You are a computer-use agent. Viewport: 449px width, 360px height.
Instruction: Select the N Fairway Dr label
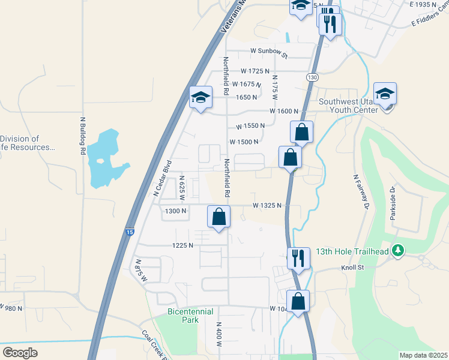[360, 191]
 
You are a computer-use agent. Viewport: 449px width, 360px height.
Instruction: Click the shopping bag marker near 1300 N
[219, 216]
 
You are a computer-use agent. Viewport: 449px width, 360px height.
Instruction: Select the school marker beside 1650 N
[200, 97]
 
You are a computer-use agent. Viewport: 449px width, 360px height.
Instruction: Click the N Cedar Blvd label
[163, 178]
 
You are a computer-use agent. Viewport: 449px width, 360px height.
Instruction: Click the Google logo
[20, 353]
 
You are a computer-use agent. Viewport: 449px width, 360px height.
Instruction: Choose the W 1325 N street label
[268, 205]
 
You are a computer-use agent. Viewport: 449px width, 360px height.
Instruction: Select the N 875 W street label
[142, 272]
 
